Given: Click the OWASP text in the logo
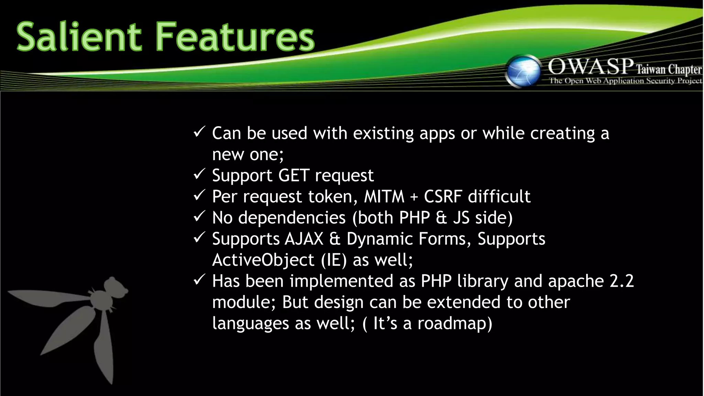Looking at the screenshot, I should [x=591, y=66].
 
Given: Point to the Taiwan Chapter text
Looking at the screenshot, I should [x=668, y=69].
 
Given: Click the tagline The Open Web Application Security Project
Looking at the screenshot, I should [x=625, y=81].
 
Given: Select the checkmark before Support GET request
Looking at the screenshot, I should [x=199, y=174].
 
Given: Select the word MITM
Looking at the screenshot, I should [x=384, y=197].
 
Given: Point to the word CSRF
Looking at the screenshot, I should [x=443, y=197].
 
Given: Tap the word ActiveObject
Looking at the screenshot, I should [x=263, y=260].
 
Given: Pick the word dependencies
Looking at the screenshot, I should [x=292, y=218].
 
